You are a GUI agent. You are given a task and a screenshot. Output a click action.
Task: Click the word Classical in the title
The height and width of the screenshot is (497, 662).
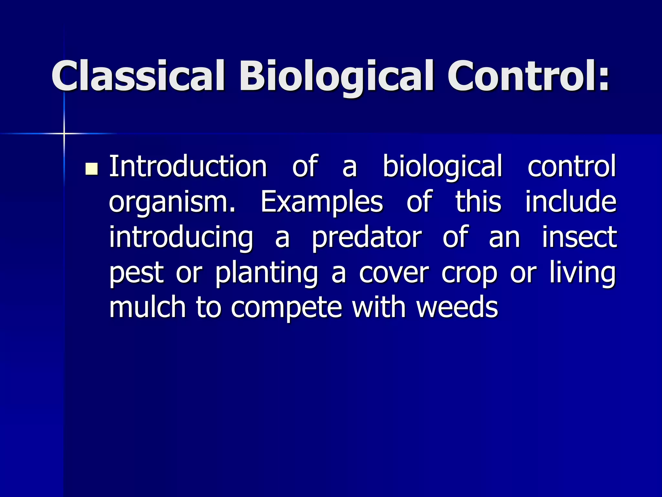(138, 76)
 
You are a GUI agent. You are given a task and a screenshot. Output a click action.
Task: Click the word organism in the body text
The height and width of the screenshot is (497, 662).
(171, 203)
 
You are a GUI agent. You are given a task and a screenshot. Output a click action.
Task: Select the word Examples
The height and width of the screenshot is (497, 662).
(322, 203)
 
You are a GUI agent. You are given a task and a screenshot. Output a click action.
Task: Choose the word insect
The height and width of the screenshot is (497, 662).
(579, 237)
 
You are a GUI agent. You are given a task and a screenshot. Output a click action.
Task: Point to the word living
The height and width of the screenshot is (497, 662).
(583, 272)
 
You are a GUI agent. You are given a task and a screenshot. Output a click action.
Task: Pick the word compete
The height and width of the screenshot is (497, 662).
(286, 308)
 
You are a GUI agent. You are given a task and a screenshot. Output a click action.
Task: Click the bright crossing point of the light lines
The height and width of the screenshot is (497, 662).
(64, 133)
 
